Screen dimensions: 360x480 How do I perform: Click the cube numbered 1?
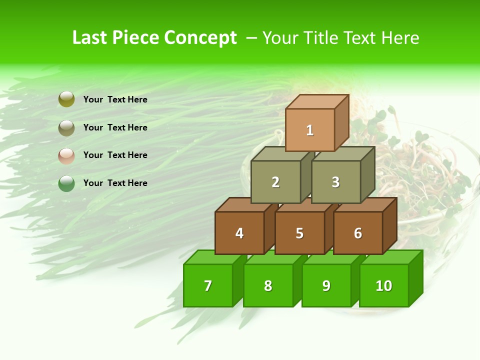coord(310,130)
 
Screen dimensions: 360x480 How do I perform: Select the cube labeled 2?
coord(275,182)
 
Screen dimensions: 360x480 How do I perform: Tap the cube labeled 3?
coord(335,182)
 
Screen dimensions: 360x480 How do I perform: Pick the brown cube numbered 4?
coord(239,233)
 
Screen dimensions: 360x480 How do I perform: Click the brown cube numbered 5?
coord(299,233)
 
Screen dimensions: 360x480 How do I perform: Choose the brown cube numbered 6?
coord(358,233)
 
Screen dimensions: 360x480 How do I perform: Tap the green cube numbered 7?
coord(208,285)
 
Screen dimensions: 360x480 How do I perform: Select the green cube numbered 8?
coord(268,285)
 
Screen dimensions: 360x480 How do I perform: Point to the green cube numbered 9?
coord(326,285)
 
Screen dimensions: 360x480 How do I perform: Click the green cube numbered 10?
coord(384,285)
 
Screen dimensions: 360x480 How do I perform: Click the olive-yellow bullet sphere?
coord(66,99)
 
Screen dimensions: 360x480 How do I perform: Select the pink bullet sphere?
coord(66,155)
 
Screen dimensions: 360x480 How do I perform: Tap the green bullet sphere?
coord(66,183)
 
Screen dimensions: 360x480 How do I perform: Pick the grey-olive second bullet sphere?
coord(66,128)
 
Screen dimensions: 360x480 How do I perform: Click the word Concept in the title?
coord(200,38)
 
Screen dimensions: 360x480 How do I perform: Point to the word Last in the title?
coord(90,38)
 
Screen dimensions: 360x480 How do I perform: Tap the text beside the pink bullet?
coord(115,155)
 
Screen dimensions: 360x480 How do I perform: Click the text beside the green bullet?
coord(115,183)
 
